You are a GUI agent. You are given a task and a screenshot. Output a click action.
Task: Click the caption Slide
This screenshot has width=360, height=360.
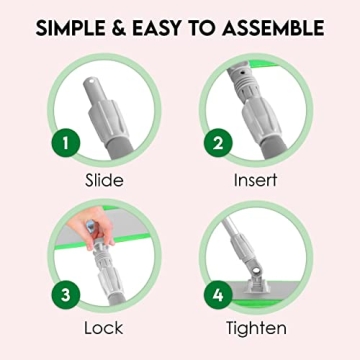[x=105, y=181]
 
